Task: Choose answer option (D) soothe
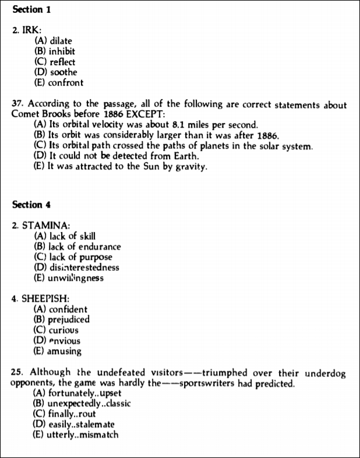[x=56, y=72]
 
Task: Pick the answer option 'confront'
[x=59, y=83]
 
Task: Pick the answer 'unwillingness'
[x=69, y=278]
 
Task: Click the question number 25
[x=17, y=372]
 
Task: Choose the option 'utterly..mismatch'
[x=76, y=435]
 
